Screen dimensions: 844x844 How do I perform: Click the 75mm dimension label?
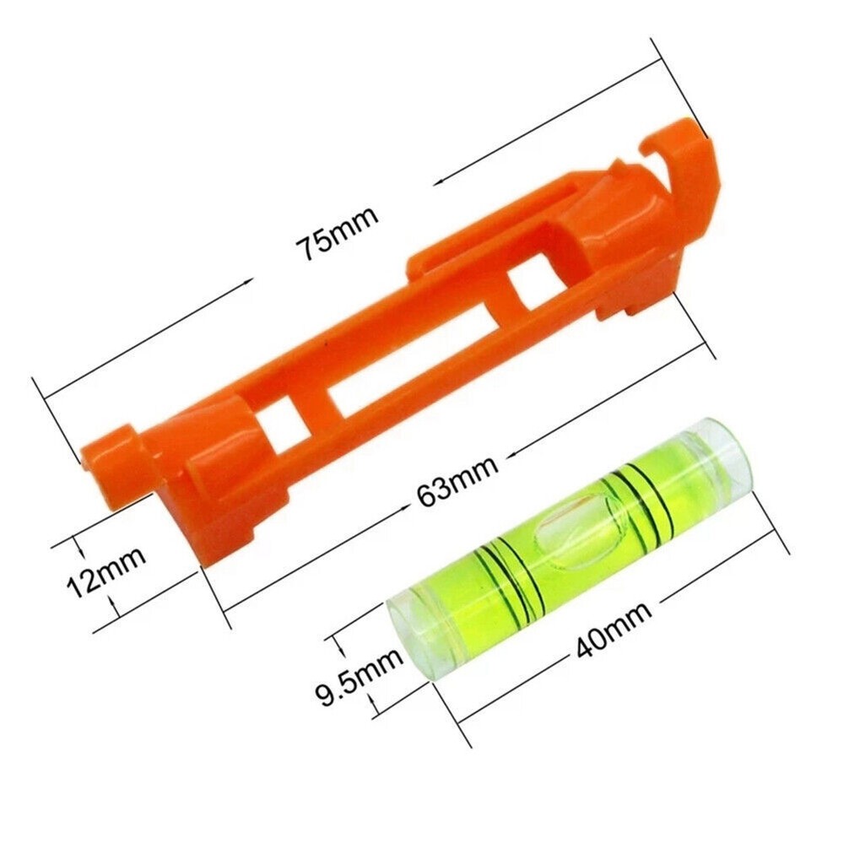click(335, 234)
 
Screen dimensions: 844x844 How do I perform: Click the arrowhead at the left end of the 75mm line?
click(47, 396)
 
